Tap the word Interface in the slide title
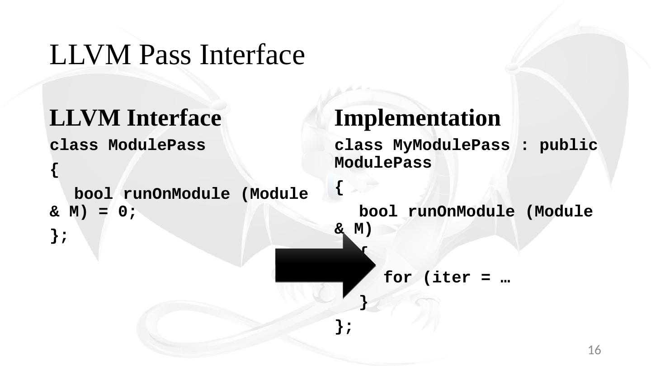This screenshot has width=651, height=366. [x=253, y=55]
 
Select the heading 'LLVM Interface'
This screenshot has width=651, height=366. [x=135, y=118]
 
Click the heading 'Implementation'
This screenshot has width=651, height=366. [x=417, y=118]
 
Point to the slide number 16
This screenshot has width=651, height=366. [x=594, y=350]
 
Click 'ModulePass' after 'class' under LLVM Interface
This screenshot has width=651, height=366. [x=156, y=146]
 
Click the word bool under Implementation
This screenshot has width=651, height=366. [x=378, y=211]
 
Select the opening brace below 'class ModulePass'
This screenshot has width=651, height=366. [x=54, y=170]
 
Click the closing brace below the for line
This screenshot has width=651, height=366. [x=363, y=303]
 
